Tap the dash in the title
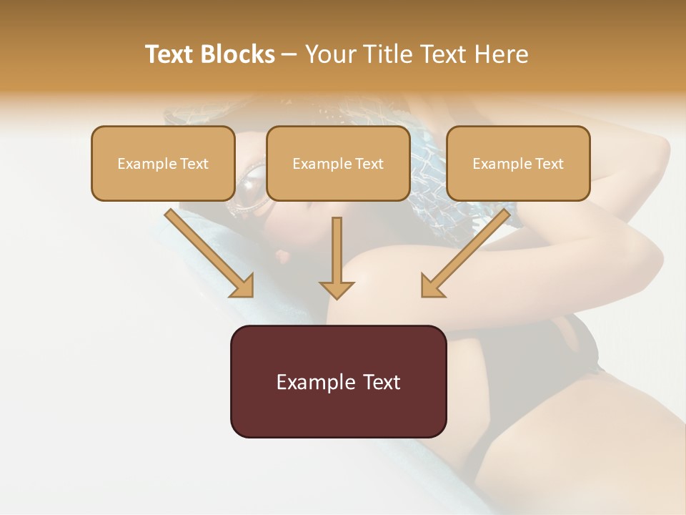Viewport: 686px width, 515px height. (x=289, y=55)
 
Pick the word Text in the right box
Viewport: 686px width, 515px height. (x=549, y=164)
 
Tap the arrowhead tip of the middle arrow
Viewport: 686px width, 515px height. (x=337, y=297)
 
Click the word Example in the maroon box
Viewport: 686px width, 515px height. (x=315, y=382)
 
